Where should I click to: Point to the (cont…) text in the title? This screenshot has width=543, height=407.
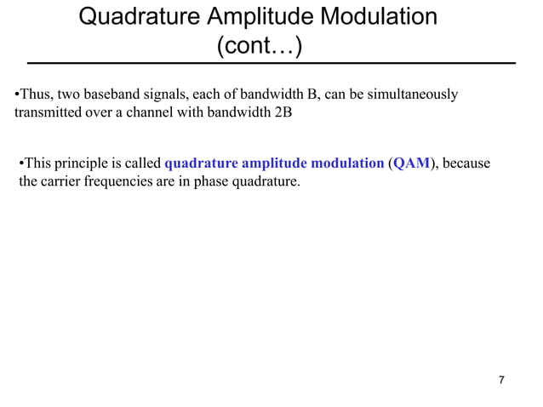tap(259, 47)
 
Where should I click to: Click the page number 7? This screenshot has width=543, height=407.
tap(501, 380)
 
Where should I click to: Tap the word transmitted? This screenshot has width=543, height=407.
tap(49, 112)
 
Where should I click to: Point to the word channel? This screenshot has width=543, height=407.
tap(165, 112)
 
